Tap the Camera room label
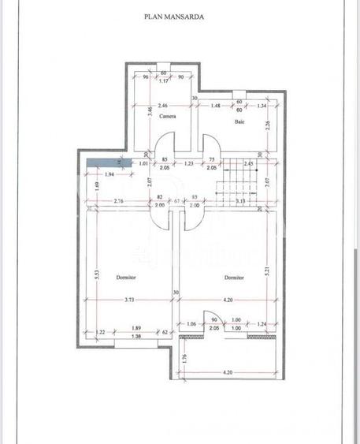pyautogui.click(x=166, y=116)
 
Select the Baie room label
pyautogui.click(x=238, y=122)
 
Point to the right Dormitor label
pyautogui.click(x=233, y=278)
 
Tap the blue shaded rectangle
pyautogui.click(x=102, y=162)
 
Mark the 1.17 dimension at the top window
pyautogui.click(x=165, y=81)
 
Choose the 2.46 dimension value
pyautogui.click(x=163, y=105)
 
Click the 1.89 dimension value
pyautogui.click(x=136, y=328)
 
